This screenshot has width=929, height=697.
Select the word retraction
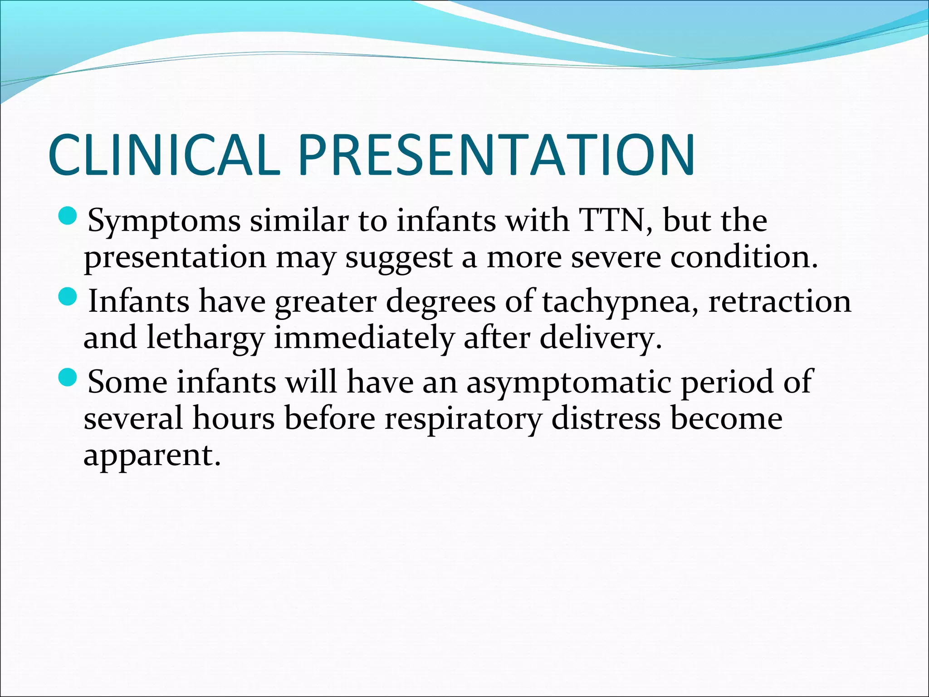[780, 301]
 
